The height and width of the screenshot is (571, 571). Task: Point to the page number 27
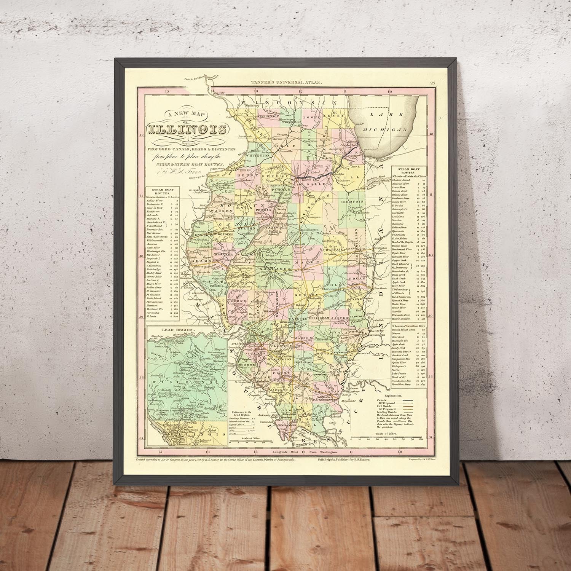pos(432,83)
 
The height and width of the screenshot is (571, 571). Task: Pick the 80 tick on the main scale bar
pos(421,439)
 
